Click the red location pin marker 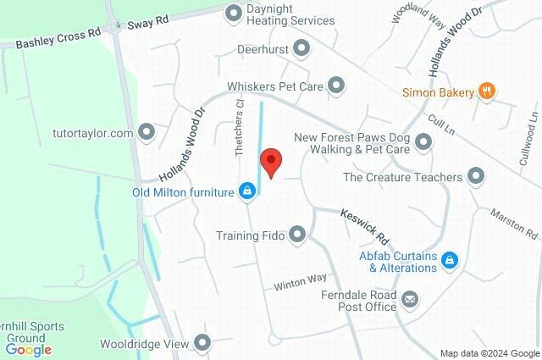click(270, 161)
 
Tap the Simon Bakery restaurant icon click(486, 91)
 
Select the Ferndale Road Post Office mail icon click(410, 298)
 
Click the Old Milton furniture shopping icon click(246, 192)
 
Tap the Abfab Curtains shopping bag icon click(451, 262)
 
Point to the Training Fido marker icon click(297, 235)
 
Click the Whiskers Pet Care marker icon click(336, 86)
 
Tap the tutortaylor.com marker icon click(147, 133)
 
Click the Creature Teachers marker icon click(476, 177)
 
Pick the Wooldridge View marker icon click(202, 343)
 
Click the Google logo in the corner click(28, 349)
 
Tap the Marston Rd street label click(514, 224)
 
